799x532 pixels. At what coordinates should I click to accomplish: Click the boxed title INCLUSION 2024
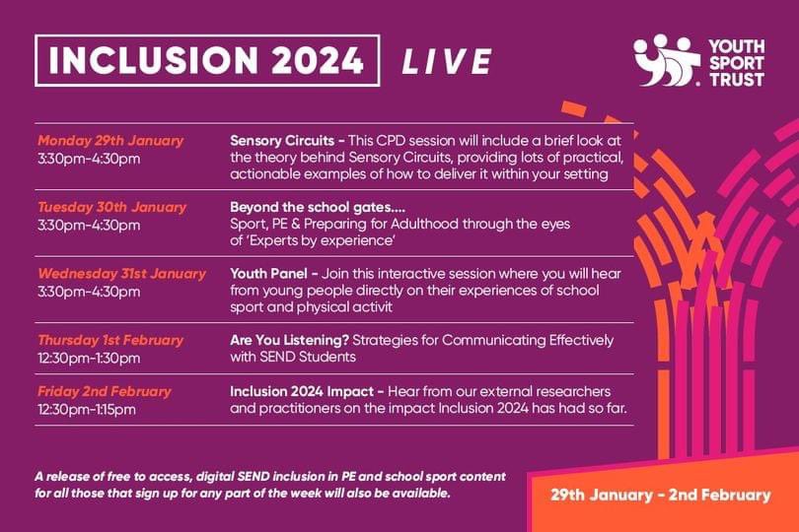207,61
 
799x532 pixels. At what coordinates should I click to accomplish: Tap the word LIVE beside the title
446,62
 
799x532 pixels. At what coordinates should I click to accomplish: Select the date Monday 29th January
110,140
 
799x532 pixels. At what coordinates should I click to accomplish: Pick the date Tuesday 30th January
111,208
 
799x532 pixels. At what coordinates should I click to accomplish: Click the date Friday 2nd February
105,391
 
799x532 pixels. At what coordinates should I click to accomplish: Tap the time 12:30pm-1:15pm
87,408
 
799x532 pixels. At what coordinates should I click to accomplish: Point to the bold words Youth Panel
267,273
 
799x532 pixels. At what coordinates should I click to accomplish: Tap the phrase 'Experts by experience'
325,240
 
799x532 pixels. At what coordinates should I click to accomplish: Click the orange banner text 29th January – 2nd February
661,494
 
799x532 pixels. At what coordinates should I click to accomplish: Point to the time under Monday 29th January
89,157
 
